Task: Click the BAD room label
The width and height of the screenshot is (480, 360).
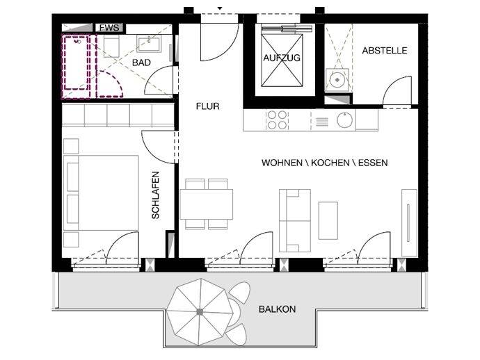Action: coord(141,63)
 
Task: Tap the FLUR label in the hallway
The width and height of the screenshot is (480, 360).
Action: coord(208,106)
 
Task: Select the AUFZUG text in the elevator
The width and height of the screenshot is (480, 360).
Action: coord(282,58)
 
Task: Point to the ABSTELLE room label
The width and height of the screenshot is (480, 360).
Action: coord(385,51)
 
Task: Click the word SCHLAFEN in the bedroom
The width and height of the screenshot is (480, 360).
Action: coord(156,195)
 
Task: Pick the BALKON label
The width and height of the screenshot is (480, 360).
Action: coord(277,309)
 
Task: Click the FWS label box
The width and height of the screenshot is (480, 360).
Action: coord(109,28)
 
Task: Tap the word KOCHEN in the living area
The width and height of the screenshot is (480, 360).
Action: coord(330,163)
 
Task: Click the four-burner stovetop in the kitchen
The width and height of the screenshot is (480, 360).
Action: coord(276,120)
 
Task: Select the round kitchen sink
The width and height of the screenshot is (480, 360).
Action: coord(344,120)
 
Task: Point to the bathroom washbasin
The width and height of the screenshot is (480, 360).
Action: coord(148,44)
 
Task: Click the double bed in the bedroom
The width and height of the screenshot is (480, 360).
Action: coord(101,193)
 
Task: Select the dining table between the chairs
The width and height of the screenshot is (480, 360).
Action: coord(207,204)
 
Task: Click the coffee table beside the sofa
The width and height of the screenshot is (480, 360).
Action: coord(328,220)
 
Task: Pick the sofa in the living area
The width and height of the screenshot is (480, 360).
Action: coord(295,220)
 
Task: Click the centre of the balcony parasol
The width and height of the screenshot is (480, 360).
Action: coord(200,312)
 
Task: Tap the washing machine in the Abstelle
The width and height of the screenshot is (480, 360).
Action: coord(337,80)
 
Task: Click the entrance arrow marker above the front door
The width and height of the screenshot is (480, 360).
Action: coord(220,8)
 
